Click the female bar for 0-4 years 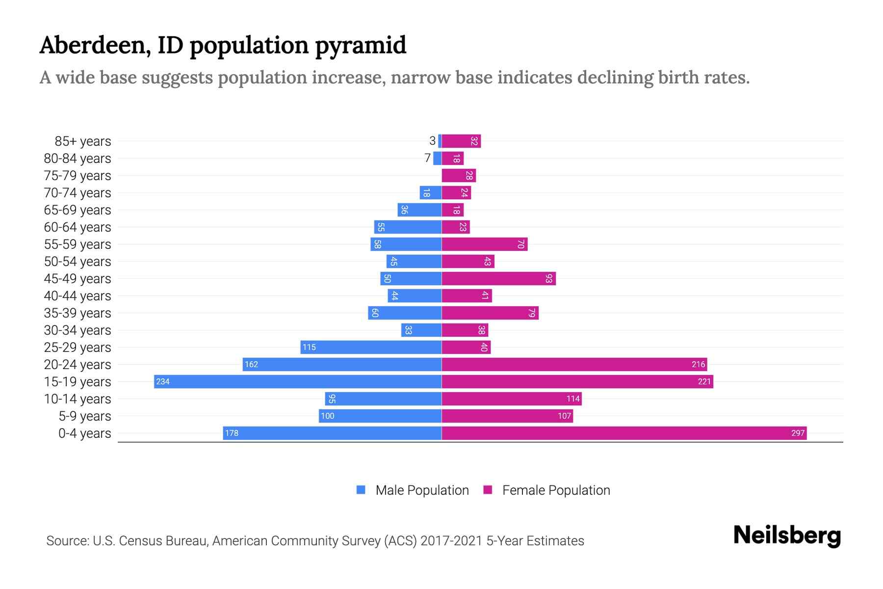point(624,433)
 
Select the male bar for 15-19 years point(298,381)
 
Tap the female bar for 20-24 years point(574,364)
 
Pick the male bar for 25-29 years point(371,347)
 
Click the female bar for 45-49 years point(498,278)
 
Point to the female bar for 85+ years point(461,141)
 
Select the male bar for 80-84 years point(437,158)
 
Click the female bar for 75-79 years point(459,175)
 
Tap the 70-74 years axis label point(78,193)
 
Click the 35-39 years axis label point(78,313)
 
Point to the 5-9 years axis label point(85,416)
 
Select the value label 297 point(798,433)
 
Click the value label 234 point(163,381)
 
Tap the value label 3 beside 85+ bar point(432,141)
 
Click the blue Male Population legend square point(361,490)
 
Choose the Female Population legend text point(556,490)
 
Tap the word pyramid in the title point(360,46)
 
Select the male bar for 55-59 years point(406,244)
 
